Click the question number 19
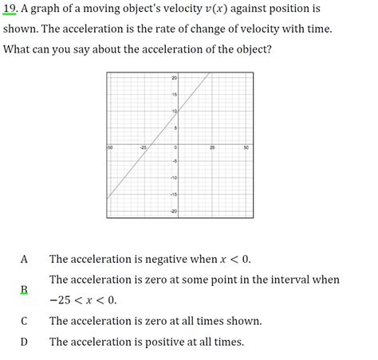tap(10, 10)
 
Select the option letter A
tap(24, 259)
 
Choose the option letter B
tap(24, 290)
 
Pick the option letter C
tap(24, 321)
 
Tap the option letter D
tap(24, 342)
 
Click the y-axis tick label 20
tap(173, 78)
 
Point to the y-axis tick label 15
tap(173, 95)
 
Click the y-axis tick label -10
tap(172, 178)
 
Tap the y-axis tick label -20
tap(172, 210)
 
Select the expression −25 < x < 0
tap(83, 300)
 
